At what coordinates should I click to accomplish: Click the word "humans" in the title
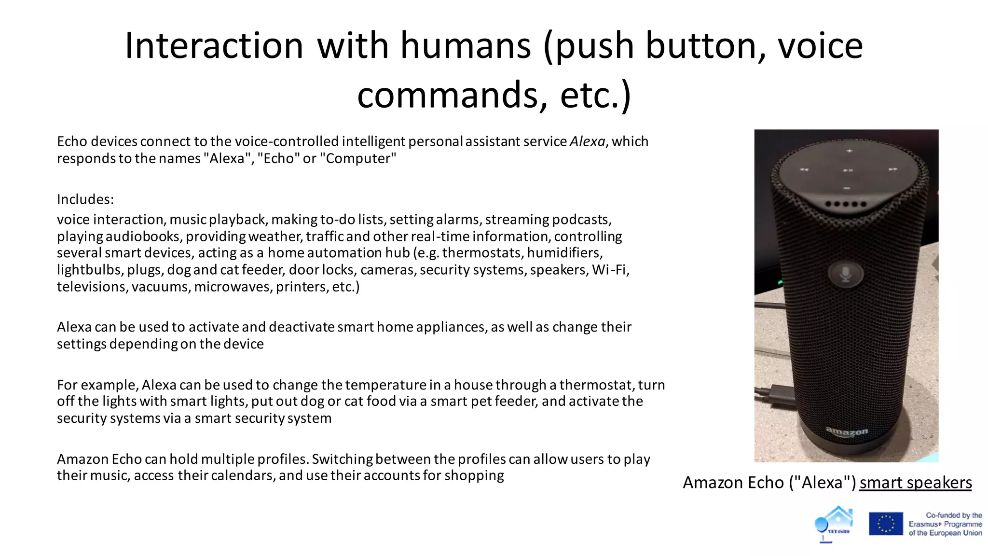pos(465,45)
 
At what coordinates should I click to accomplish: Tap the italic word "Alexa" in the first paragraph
pos(587,141)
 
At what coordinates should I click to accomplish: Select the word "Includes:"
pos(85,199)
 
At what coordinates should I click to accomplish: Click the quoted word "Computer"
pos(358,158)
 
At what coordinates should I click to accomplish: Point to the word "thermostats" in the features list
pos(482,253)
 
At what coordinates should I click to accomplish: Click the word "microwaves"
pos(233,287)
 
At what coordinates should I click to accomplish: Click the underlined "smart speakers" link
pos(915,483)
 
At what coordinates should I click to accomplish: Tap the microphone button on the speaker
pos(845,274)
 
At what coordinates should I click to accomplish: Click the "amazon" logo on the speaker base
pos(847,431)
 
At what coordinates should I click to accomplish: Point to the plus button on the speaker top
pos(849,151)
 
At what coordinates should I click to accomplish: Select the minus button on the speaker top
pos(847,188)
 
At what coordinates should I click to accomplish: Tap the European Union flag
pos(886,524)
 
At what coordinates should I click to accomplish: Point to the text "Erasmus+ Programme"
pos(945,524)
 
